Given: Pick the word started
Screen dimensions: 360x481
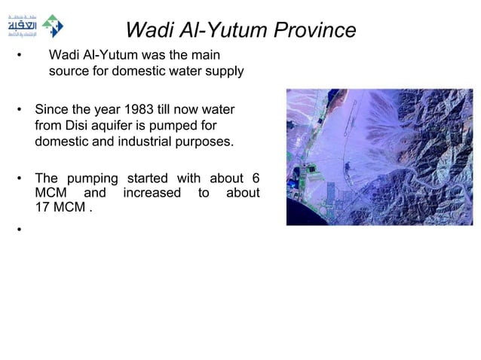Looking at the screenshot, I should [148, 178].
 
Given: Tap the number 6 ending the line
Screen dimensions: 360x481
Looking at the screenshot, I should [256, 178].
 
